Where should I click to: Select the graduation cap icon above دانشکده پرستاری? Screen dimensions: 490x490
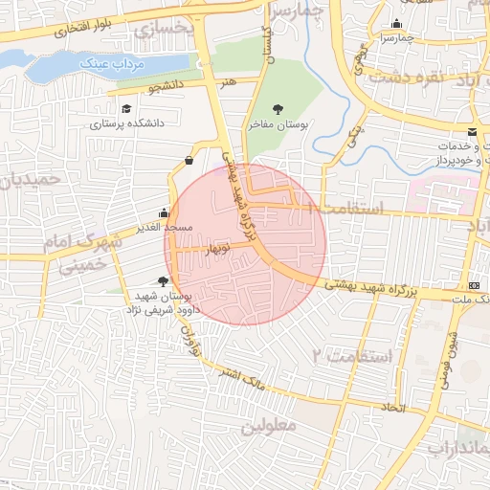(x=127, y=108)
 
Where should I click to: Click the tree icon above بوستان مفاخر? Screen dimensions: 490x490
(x=278, y=108)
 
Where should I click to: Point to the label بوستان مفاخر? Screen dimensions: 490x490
(x=277, y=124)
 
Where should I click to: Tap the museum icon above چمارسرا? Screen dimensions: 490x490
(x=397, y=24)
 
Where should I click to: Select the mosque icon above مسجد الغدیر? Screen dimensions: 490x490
(x=165, y=212)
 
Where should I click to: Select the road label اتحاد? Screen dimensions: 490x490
(x=392, y=408)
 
